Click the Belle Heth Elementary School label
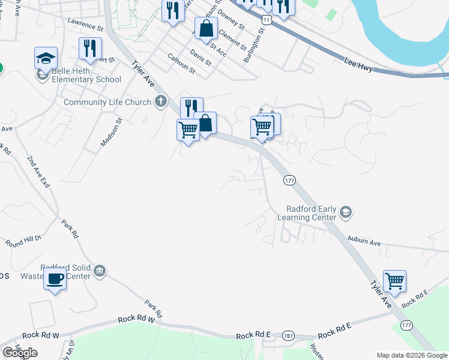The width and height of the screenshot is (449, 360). (86, 79)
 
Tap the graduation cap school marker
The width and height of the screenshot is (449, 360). (46, 58)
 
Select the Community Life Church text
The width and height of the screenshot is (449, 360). (107, 102)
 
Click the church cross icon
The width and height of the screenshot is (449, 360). (160, 101)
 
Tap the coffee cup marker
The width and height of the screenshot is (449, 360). (55, 279)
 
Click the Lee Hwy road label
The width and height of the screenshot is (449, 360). (359, 65)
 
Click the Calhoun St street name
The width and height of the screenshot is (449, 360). (181, 63)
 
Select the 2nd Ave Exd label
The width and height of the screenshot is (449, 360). (38, 171)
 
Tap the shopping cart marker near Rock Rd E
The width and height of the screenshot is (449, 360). (394, 280)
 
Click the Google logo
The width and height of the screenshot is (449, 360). (19, 353)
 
